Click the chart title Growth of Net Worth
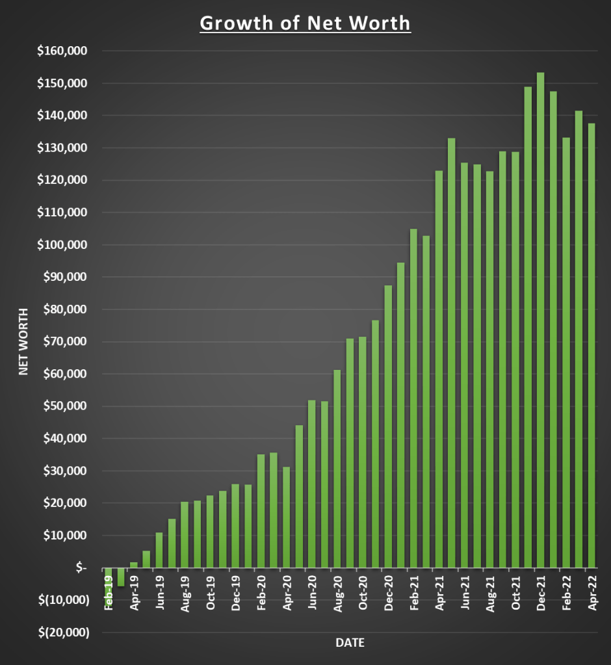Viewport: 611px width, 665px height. tap(305, 23)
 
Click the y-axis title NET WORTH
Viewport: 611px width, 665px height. tap(23, 341)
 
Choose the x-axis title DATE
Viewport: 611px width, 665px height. tap(350, 644)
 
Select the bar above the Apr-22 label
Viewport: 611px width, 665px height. tap(591, 345)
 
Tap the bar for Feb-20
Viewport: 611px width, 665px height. tap(261, 511)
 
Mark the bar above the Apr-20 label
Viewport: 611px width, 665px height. tap(286, 517)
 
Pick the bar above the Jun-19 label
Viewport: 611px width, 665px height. tap(159, 550)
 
